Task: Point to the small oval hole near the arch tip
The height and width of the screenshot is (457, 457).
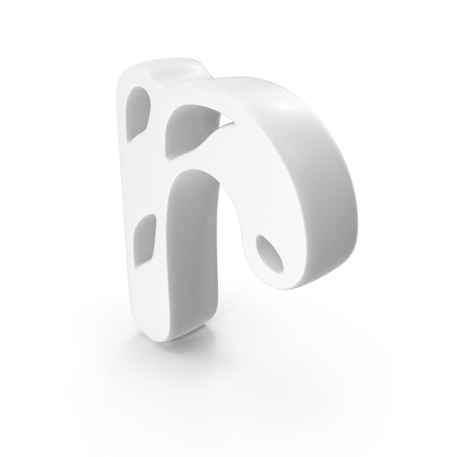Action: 270,254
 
